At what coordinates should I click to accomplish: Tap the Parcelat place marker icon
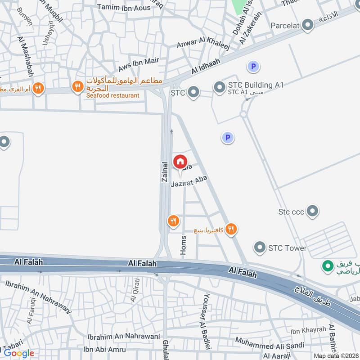[x=308, y=25]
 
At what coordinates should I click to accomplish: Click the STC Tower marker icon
[x=259, y=247]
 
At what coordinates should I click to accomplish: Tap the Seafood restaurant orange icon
[x=78, y=86]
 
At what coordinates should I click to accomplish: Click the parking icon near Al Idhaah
[x=253, y=67]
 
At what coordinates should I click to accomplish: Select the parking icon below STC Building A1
[x=228, y=138]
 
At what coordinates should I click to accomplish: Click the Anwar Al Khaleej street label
[x=203, y=44]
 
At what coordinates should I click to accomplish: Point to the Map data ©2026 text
[x=335, y=356]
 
